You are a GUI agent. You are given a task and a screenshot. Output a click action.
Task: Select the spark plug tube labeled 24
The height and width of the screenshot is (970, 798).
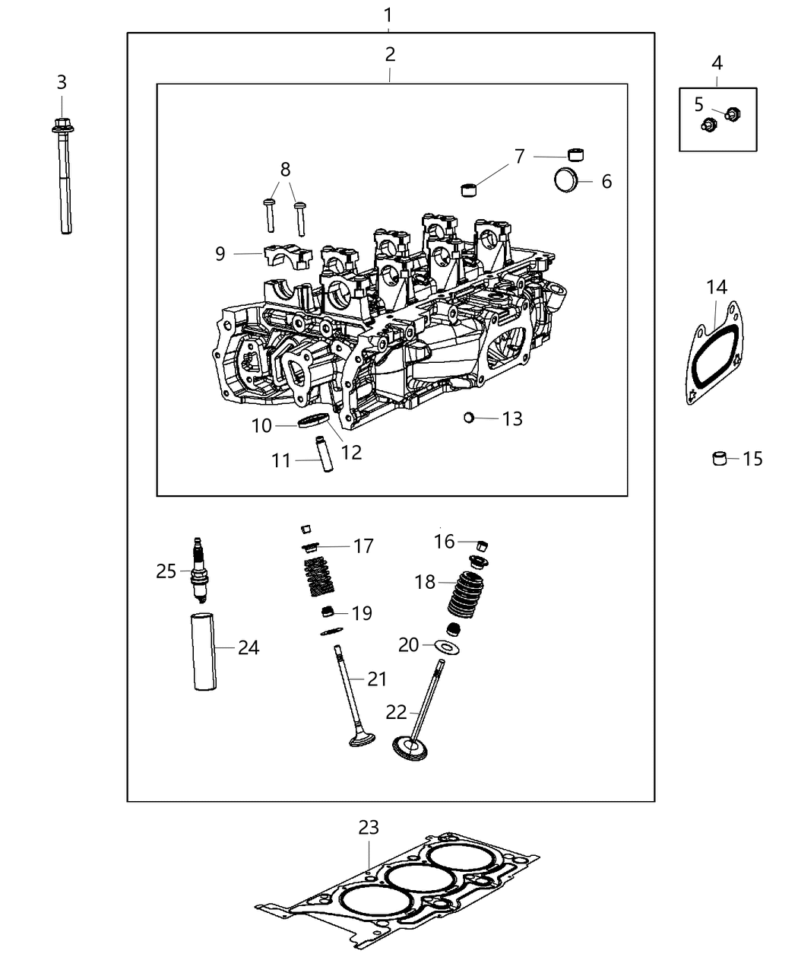[x=203, y=651]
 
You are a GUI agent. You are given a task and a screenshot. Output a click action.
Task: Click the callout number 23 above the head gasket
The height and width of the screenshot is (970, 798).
[x=369, y=827]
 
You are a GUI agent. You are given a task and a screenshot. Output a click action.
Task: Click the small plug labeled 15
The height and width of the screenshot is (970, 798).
[x=719, y=458]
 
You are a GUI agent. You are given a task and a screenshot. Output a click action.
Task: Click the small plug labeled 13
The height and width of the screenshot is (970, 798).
[x=470, y=417]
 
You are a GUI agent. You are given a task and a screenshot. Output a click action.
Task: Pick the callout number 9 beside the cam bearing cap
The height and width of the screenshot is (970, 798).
[x=220, y=253]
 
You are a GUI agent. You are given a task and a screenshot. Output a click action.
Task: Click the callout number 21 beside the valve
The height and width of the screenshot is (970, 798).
[x=378, y=679]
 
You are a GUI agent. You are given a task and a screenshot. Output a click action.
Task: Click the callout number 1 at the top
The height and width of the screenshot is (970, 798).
[x=388, y=14]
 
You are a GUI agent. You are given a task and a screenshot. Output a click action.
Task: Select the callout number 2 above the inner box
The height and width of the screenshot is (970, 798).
[x=390, y=54]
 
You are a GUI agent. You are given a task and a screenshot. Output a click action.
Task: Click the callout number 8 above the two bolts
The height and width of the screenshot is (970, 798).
[x=285, y=169]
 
